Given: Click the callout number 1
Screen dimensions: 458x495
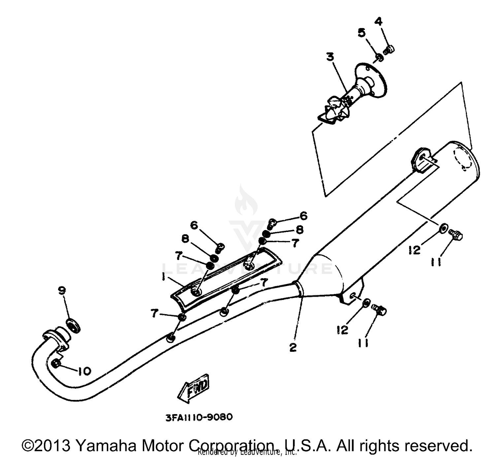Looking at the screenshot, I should coord(164,277).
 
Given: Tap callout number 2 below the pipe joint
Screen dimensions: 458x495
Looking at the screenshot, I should coord(293,347).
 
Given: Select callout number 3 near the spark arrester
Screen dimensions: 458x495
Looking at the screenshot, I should coord(330,57).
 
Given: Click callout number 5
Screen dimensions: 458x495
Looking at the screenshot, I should coord(379,22).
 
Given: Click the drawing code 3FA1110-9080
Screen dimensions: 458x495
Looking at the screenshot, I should coord(199,417).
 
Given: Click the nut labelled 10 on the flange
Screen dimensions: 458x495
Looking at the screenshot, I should coord(56,364).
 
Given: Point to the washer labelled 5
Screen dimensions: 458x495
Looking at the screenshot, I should coord(379,58).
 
